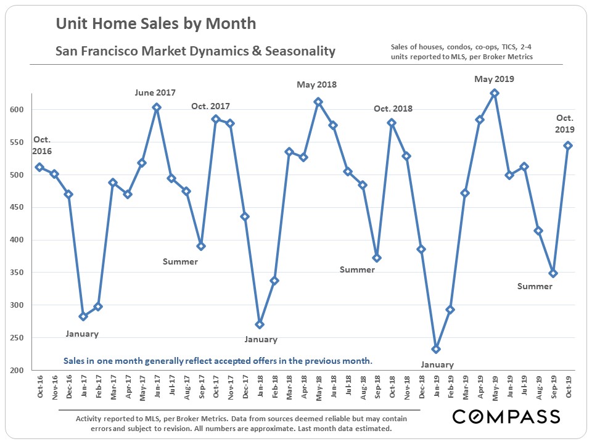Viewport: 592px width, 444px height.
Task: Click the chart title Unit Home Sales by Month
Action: (155, 24)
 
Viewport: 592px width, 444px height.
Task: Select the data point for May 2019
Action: (495, 93)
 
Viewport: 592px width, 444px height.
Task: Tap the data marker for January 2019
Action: (436, 349)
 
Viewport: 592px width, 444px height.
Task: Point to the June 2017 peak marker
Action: (157, 107)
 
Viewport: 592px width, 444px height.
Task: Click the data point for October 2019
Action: (568, 146)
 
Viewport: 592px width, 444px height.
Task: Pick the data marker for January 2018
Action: (260, 324)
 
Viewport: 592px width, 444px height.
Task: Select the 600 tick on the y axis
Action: (19, 110)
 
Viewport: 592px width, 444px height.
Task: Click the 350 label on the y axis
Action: (19, 273)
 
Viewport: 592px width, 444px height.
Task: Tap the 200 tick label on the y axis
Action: (19, 370)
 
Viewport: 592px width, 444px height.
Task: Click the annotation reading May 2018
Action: (317, 84)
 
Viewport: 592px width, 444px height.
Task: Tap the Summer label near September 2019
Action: (535, 286)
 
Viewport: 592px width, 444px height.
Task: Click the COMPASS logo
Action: (506, 417)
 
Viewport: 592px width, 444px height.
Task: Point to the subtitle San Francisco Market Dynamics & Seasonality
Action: (195, 51)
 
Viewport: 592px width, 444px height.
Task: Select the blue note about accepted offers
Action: (218, 361)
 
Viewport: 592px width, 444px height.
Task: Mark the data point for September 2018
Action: (377, 258)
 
